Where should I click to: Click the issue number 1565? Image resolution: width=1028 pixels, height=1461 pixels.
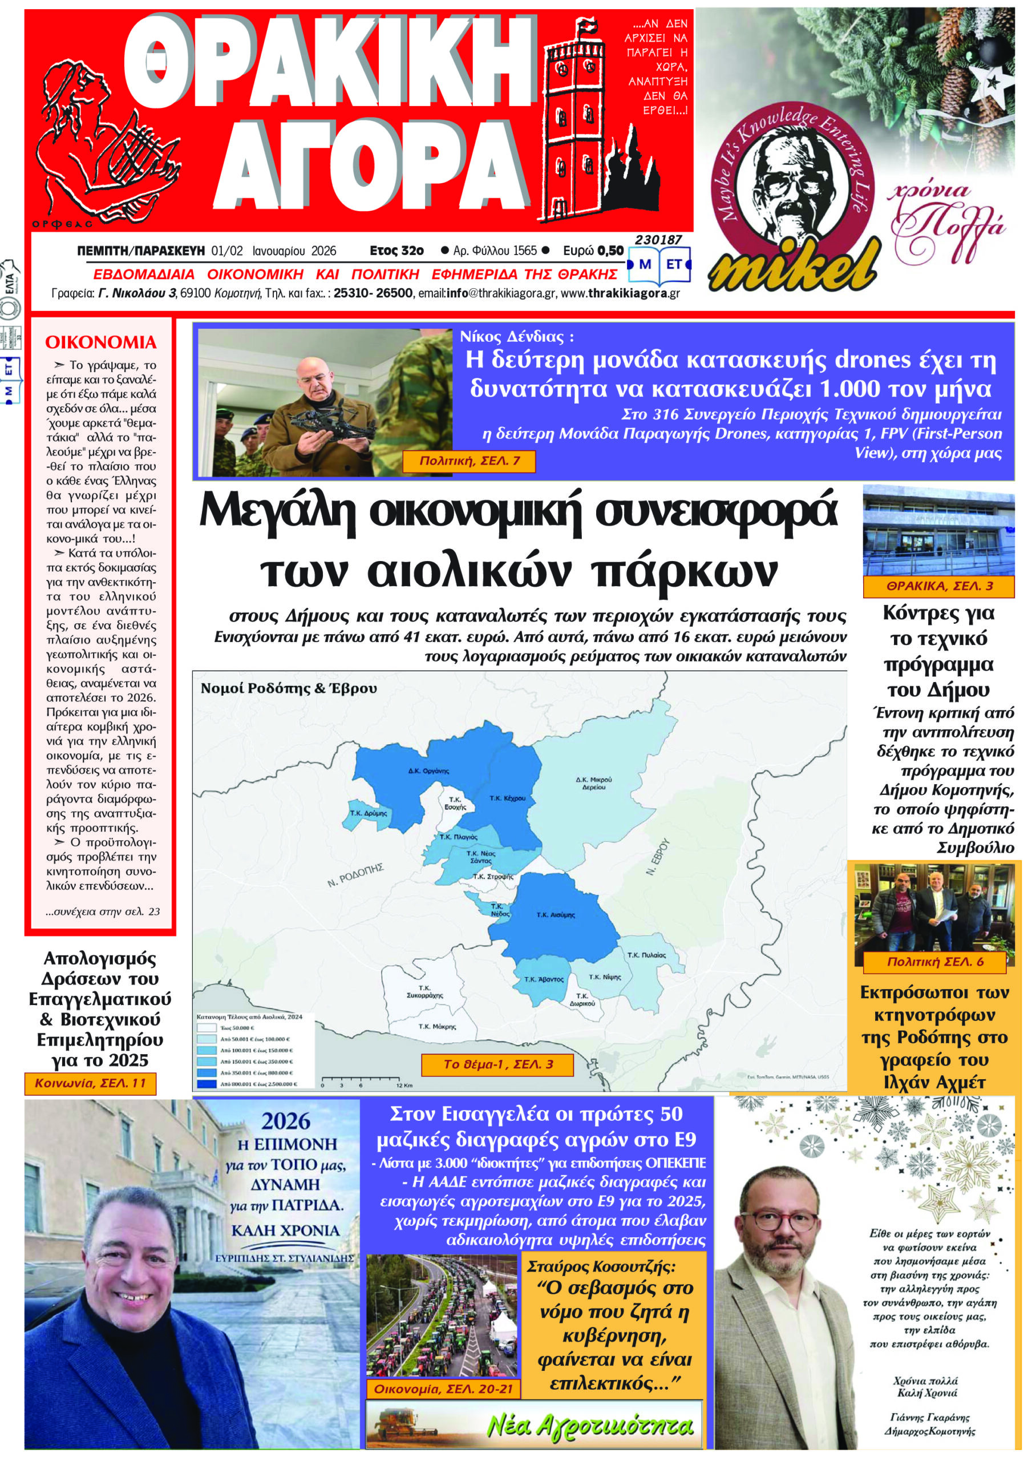click(x=526, y=251)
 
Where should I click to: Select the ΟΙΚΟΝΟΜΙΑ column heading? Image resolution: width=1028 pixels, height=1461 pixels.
click(x=100, y=342)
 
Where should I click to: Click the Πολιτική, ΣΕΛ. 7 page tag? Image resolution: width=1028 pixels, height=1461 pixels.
click(x=470, y=461)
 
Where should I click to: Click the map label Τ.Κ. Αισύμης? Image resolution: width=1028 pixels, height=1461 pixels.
click(x=555, y=915)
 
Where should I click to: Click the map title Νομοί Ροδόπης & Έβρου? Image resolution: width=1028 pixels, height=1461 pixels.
click(x=288, y=688)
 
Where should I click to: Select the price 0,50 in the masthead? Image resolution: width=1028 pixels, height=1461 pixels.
click(x=610, y=251)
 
